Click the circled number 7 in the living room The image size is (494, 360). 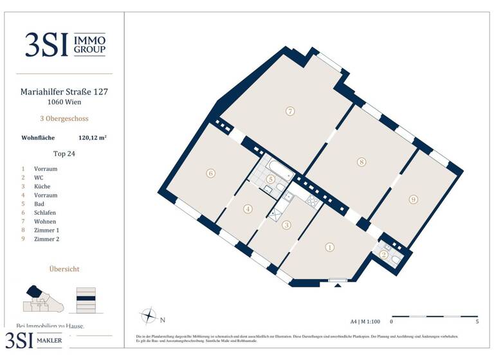(290, 111)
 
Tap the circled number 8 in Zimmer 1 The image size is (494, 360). (362, 162)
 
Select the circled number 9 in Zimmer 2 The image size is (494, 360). (413, 199)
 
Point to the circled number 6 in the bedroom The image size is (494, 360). (210, 173)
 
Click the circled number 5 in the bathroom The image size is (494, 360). (271, 179)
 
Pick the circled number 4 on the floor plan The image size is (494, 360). (248, 208)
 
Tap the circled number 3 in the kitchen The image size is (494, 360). (287, 225)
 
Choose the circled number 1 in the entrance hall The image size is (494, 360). (330, 247)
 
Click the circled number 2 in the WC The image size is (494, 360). (384, 255)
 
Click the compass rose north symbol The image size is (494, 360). (149, 316)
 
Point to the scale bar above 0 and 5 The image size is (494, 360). (434, 316)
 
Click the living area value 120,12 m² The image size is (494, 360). (92, 137)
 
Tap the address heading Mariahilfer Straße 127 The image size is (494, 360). (64, 92)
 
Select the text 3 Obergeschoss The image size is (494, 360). (64, 119)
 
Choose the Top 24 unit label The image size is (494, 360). (64, 154)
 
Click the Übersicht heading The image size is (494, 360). (64, 269)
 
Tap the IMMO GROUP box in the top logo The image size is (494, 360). (92, 44)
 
